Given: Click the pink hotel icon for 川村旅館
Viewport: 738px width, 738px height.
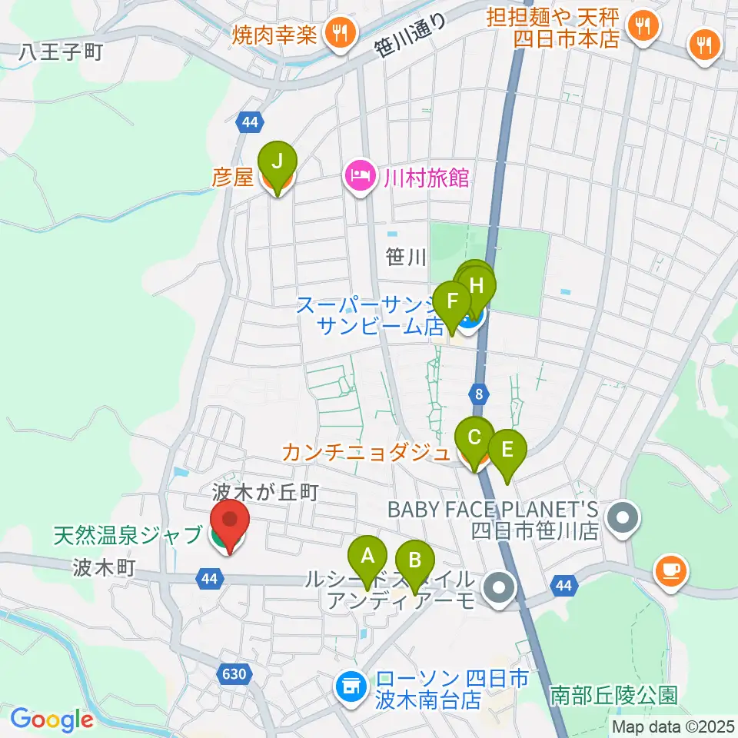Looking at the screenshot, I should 358,178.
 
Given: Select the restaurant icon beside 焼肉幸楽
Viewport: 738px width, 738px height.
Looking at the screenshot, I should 338,33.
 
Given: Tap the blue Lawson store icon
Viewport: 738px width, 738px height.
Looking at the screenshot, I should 350,683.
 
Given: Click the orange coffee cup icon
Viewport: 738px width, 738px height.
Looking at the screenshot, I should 670,570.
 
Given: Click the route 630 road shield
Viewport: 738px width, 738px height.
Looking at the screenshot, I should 236,674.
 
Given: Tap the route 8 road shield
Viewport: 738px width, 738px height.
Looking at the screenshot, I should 480,394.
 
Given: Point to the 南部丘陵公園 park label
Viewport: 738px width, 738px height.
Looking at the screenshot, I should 614,696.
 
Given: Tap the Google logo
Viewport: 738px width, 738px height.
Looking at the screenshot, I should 52,720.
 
